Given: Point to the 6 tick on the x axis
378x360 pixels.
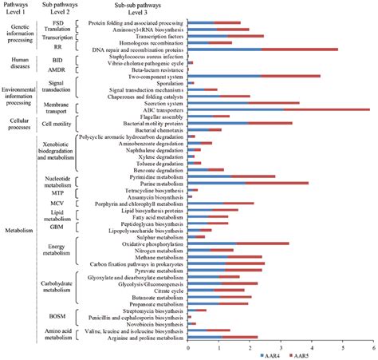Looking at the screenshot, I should coord(372,346).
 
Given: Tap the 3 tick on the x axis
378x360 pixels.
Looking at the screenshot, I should coord(280,346).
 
